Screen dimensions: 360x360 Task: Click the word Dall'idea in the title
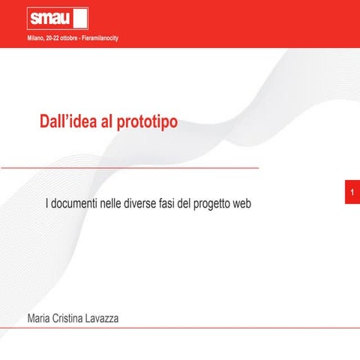point(67,121)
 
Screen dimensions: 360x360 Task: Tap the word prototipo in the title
point(148,121)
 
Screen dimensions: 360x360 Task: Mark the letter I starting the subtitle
point(48,204)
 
